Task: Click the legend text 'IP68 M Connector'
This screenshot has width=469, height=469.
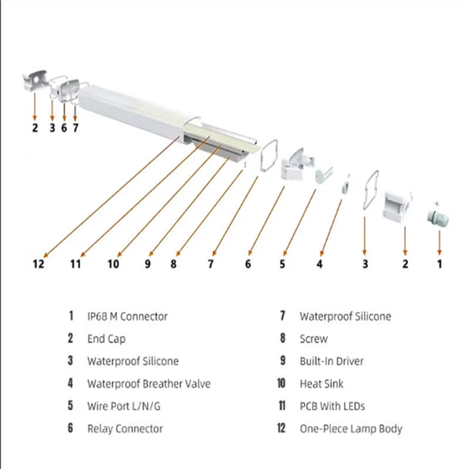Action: pyautogui.click(x=127, y=316)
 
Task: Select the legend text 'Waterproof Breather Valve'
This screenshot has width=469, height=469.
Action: pyautogui.click(x=148, y=384)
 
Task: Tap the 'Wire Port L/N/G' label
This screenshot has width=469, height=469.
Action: pyautogui.click(x=125, y=406)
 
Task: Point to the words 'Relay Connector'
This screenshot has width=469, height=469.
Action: pyautogui.click(x=125, y=429)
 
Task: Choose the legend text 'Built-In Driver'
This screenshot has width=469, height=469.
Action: pyautogui.click(x=331, y=361)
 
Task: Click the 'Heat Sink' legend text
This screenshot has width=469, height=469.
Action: pyautogui.click(x=321, y=384)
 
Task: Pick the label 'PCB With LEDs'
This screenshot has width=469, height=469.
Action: pyautogui.click(x=332, y=406)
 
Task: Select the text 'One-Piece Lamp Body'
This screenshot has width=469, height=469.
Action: pyautogui.click(x=351, y=429)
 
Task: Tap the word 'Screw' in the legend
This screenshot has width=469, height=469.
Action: pyautogui.click(x=313, y=339)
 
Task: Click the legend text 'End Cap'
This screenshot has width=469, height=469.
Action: pyautogui.click(x=106, y=339)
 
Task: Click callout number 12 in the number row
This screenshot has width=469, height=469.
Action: pyautogui.click(x=39, y=263)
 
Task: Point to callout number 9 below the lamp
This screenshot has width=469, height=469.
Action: pyautogui.click(x=148, y=263)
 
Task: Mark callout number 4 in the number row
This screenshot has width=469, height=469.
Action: pyautogui.click(x=319, y=263)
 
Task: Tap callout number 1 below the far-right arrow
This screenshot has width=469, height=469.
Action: pyautogui.click(x=440, y=263)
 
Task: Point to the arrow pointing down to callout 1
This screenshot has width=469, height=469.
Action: pyautogui.click(x=439, y=241)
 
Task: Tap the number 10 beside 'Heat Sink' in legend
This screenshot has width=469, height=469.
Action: pyautogui.click(x=281, y=384)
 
